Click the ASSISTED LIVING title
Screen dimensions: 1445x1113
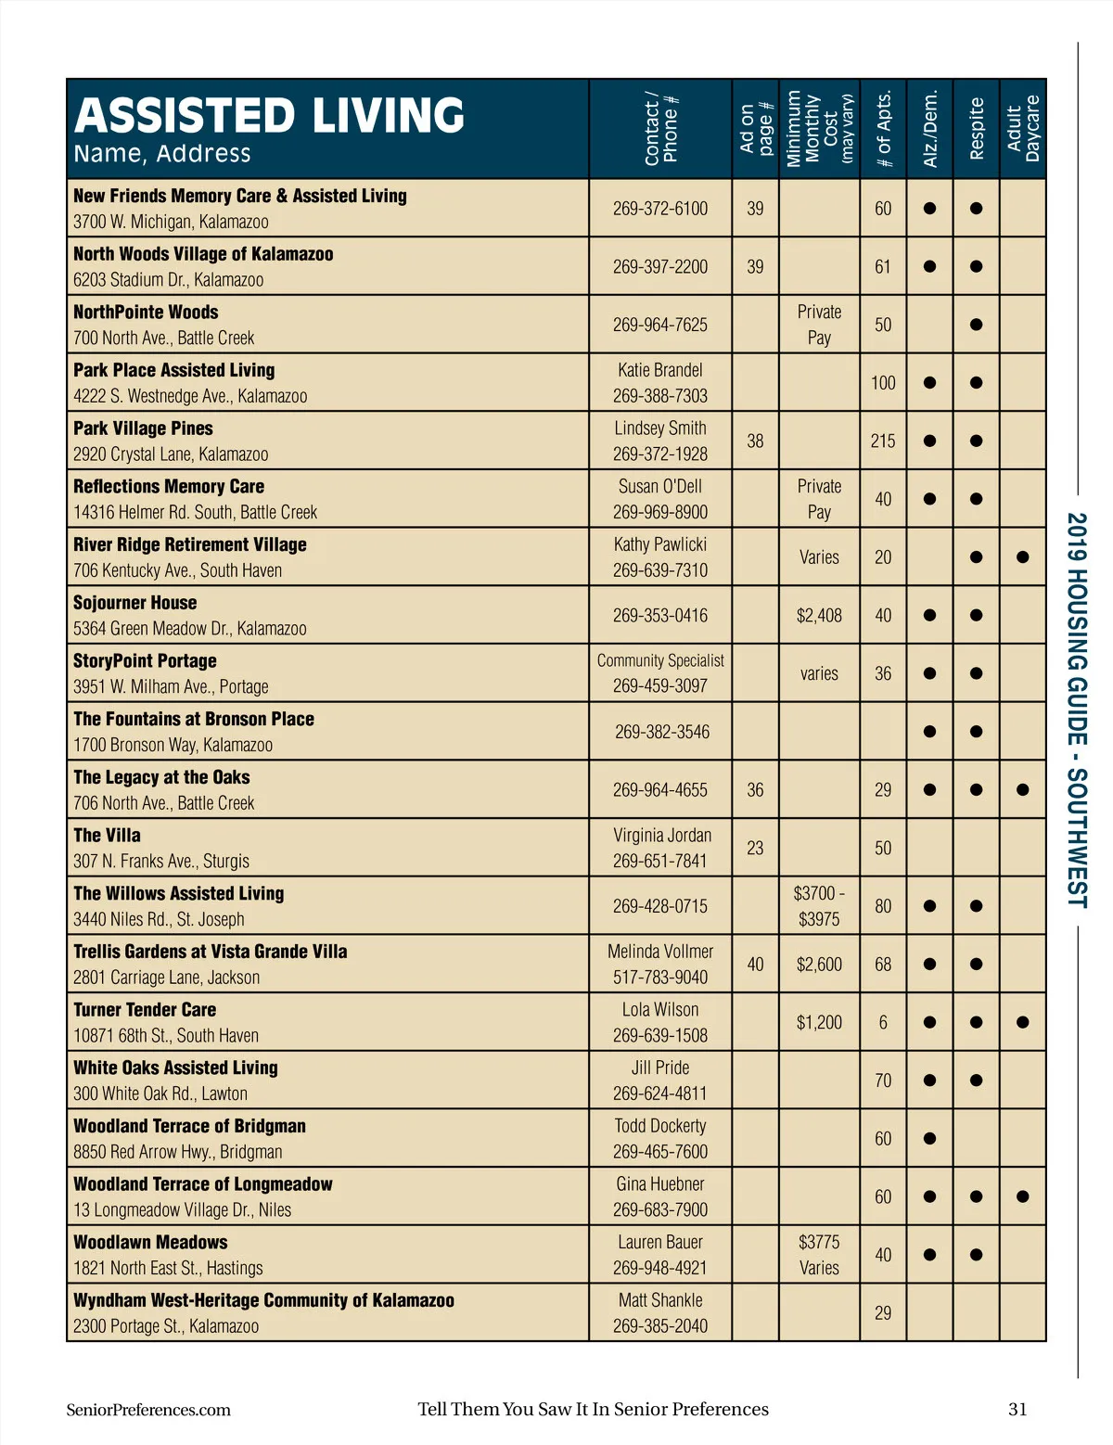(x=269, y=116)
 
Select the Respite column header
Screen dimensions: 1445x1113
(x=976, y=128)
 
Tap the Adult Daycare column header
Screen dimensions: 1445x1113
(x=1023, y=128)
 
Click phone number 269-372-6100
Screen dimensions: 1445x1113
(x=659, y=209)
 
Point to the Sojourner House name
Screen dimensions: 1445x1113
(x=135, y=603)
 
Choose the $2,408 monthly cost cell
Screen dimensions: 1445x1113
(x=819, y=616)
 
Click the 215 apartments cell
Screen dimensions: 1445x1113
(x=882, y=441)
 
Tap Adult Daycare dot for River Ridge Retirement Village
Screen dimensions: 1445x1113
(x=1022, y=557)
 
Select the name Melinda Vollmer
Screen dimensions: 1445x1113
(x=659, y=952)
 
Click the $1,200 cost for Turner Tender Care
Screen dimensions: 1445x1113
(x=819, y=1023)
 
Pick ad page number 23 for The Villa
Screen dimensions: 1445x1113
(x=755, y=849)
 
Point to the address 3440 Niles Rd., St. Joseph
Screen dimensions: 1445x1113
(x=159, y=919)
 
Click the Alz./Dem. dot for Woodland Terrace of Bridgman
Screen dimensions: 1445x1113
(x=929, y=1139)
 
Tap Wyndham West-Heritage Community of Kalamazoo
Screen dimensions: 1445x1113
(x=263, y=1300)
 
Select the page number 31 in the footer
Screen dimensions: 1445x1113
(x=1017, y=1410)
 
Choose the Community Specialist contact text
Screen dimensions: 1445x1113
(x=659, y=660)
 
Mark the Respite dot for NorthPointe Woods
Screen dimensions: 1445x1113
(x=976, y=326)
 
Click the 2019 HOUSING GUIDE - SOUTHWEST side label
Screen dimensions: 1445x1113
(x=1076, y=710)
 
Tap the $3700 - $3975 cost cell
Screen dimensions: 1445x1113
(x=819, y=906)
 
